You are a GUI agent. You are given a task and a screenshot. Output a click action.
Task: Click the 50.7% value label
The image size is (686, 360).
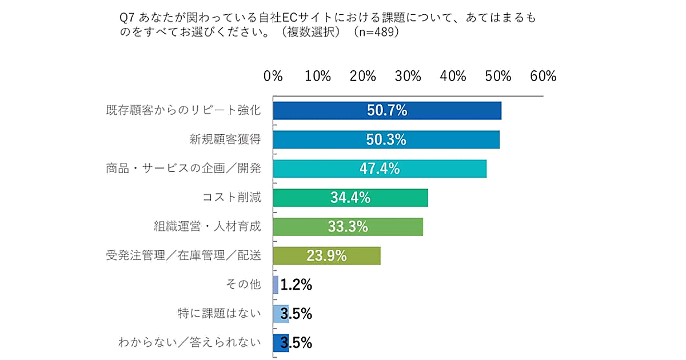tap(386, 111)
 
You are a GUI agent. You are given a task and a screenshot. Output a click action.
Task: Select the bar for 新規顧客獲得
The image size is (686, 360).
tap(386, 139)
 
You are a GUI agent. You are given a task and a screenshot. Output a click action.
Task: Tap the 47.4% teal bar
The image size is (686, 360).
tap(380, 169)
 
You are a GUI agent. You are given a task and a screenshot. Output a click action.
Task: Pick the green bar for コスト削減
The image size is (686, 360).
tap(350, 198)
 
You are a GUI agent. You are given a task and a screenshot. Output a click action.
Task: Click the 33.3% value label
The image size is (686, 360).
tap(348, 227)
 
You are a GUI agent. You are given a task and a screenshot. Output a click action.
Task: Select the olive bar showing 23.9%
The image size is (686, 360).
tap(326, 255)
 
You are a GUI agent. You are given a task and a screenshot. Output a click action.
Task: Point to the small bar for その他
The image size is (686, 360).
tap(276, 285)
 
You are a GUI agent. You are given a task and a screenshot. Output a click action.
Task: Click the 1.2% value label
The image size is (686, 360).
tap(296, 285)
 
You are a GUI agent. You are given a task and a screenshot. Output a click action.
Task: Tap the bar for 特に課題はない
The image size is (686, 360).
tap(281, 314)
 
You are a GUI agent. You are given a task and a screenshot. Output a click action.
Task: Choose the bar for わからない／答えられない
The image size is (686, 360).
tap(281, 343)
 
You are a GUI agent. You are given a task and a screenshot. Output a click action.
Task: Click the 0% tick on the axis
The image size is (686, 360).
tap(273, 77)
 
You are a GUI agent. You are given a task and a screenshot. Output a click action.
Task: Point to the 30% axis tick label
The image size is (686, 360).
tap(408, 77)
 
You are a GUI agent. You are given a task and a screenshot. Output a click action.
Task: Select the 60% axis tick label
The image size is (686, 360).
tap(543, 77)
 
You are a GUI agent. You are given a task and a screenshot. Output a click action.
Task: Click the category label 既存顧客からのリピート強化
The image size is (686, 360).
tap(184, 111)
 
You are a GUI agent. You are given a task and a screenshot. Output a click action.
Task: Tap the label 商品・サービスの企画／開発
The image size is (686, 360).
tap(184, 169)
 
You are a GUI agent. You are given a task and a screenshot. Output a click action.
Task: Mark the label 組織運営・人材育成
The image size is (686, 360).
tap(207, 227)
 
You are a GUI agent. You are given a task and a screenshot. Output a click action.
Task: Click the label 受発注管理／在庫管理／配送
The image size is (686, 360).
tap(184, 255)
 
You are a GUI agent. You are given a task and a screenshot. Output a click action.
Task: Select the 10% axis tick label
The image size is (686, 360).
tap(318, 77)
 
